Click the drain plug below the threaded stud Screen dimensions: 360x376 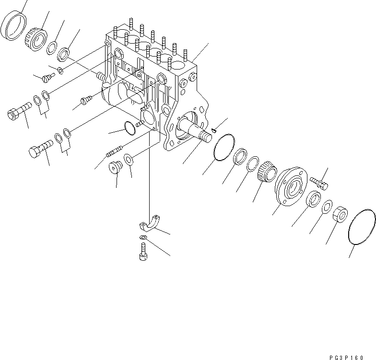point(116,168)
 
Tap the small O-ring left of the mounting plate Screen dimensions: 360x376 point(129,128)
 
